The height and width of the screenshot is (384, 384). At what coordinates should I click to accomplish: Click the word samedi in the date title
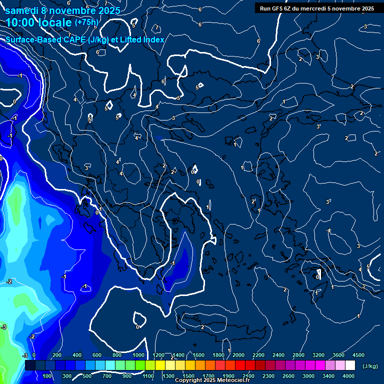point(22,10)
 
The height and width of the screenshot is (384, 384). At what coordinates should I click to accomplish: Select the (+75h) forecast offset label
point(87,22)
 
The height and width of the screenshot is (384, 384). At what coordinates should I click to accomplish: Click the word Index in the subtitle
point(153,39)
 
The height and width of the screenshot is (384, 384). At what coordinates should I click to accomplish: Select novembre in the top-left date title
point(71,10)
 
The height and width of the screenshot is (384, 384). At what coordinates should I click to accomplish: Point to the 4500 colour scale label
point(358,355)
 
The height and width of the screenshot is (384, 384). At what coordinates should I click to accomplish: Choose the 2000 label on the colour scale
point(238,355)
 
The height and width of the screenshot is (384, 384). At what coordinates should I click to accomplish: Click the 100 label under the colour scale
point(47,376)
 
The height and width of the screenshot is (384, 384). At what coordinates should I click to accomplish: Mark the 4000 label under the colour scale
point(348,376)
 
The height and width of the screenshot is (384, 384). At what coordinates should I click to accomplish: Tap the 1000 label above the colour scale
point(138,355)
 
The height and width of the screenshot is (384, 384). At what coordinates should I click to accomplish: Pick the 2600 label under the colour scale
point(288,376)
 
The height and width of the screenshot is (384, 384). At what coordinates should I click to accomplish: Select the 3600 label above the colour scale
point(338,355)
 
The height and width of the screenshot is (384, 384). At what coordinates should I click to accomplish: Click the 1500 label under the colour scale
point(188,376)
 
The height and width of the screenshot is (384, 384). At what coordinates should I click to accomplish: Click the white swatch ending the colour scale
point(350,365)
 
